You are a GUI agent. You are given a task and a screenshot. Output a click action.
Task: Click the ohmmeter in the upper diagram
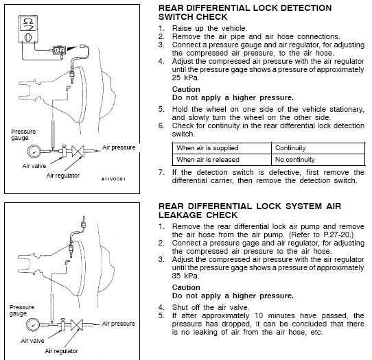(28, 29)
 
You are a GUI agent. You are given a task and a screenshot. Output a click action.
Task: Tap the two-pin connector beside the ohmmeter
(58, 50)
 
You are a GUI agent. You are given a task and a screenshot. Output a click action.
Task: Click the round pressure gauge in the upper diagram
(34, 152)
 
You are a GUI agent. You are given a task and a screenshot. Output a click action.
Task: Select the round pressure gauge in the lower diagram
(33, 324)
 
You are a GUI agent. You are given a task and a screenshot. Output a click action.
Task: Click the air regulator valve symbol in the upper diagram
(78, 152)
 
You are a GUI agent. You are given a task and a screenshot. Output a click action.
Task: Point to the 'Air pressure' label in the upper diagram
(119, 147)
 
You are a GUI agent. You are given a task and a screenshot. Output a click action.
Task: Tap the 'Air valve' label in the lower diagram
(32, 341)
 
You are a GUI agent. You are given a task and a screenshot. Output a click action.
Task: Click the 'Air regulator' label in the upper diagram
(63, 176)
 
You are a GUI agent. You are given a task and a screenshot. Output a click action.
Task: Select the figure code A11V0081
(113, 179)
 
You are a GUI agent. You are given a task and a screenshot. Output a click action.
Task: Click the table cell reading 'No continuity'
(295, 160)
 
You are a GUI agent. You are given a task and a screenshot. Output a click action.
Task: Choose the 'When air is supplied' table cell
(207, 148)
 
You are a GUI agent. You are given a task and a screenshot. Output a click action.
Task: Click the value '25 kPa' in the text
(185, 77)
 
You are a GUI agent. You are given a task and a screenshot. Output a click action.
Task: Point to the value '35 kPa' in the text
(185, 276)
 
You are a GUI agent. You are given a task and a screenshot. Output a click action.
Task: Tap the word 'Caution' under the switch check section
(186, 89)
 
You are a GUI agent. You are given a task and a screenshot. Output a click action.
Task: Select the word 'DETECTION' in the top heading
(306, 8)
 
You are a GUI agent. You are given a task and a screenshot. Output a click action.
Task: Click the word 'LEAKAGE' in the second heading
(180, 215)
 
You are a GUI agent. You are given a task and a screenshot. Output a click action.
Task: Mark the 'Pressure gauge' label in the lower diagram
(22, 310)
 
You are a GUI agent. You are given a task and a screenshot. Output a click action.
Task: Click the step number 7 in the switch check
(161, 172)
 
